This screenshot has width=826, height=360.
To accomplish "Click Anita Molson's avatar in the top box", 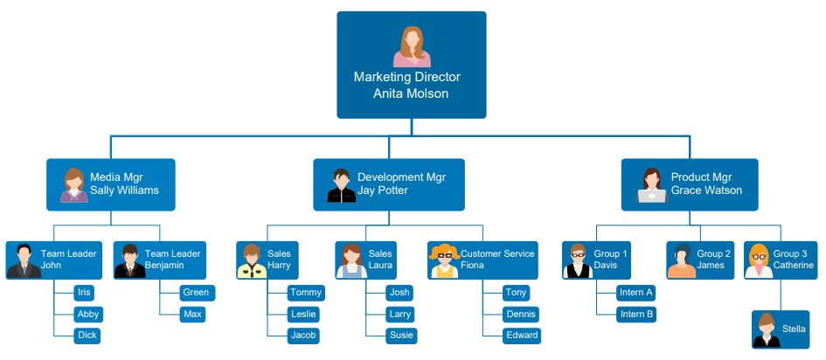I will pos(411,46).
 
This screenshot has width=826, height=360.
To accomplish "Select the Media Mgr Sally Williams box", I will pos(111,184).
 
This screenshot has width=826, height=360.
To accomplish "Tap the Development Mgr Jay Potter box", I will pos(389,184).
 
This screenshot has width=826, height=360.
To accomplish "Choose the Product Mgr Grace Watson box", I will pos(690,184).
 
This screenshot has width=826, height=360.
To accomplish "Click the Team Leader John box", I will pos(54,260).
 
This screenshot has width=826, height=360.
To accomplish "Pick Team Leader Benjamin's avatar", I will pos(130,260).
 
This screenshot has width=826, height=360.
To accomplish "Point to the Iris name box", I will pos(84,293).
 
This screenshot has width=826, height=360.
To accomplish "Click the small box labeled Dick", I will pos(87,336).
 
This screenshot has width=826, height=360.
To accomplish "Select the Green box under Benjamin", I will pos(195,293).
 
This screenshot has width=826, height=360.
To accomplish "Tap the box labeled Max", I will pos(192,314).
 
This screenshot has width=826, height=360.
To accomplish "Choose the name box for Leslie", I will pos(304,314).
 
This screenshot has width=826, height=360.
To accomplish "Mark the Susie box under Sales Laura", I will pos(401,336).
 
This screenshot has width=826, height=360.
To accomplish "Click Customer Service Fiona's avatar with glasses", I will pos(444,260).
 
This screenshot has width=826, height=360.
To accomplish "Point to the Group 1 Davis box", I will pos(597,260).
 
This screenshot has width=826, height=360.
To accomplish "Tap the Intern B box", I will pos(635,314).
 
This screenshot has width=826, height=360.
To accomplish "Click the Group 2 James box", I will pos(702,260).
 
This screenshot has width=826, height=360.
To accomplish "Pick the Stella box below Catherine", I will pos(781,329).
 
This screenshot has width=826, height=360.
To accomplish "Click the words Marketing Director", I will pos(406,77).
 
